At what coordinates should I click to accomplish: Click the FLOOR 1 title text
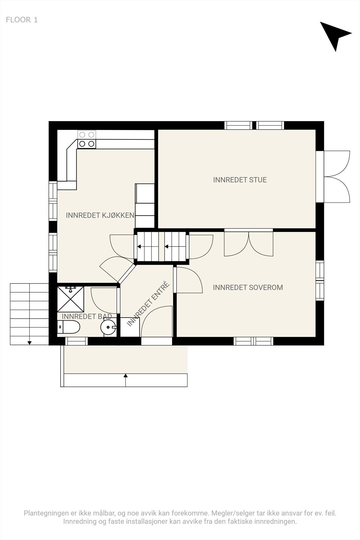[x=22, y=20]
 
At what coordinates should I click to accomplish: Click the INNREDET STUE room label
[x=240, y=180]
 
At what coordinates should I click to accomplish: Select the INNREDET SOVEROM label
[x=248, y=288]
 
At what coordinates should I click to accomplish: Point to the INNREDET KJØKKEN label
[x=100, y=215]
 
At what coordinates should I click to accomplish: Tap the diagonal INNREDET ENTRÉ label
[x=148, y=304]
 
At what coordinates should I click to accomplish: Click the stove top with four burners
[x=87, y=139]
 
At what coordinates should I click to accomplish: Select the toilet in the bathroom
[x=69, y=327]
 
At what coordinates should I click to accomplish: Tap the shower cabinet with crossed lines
[x=71, y=299]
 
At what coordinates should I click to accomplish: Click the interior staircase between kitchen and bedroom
[x=162, y=247]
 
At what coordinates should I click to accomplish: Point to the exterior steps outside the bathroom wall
[x=29, y=314]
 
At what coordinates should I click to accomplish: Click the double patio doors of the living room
[x=337, y=177]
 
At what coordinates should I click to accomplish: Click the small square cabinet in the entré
[x=130, y=327]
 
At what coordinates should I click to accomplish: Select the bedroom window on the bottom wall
[x=253, y=341]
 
